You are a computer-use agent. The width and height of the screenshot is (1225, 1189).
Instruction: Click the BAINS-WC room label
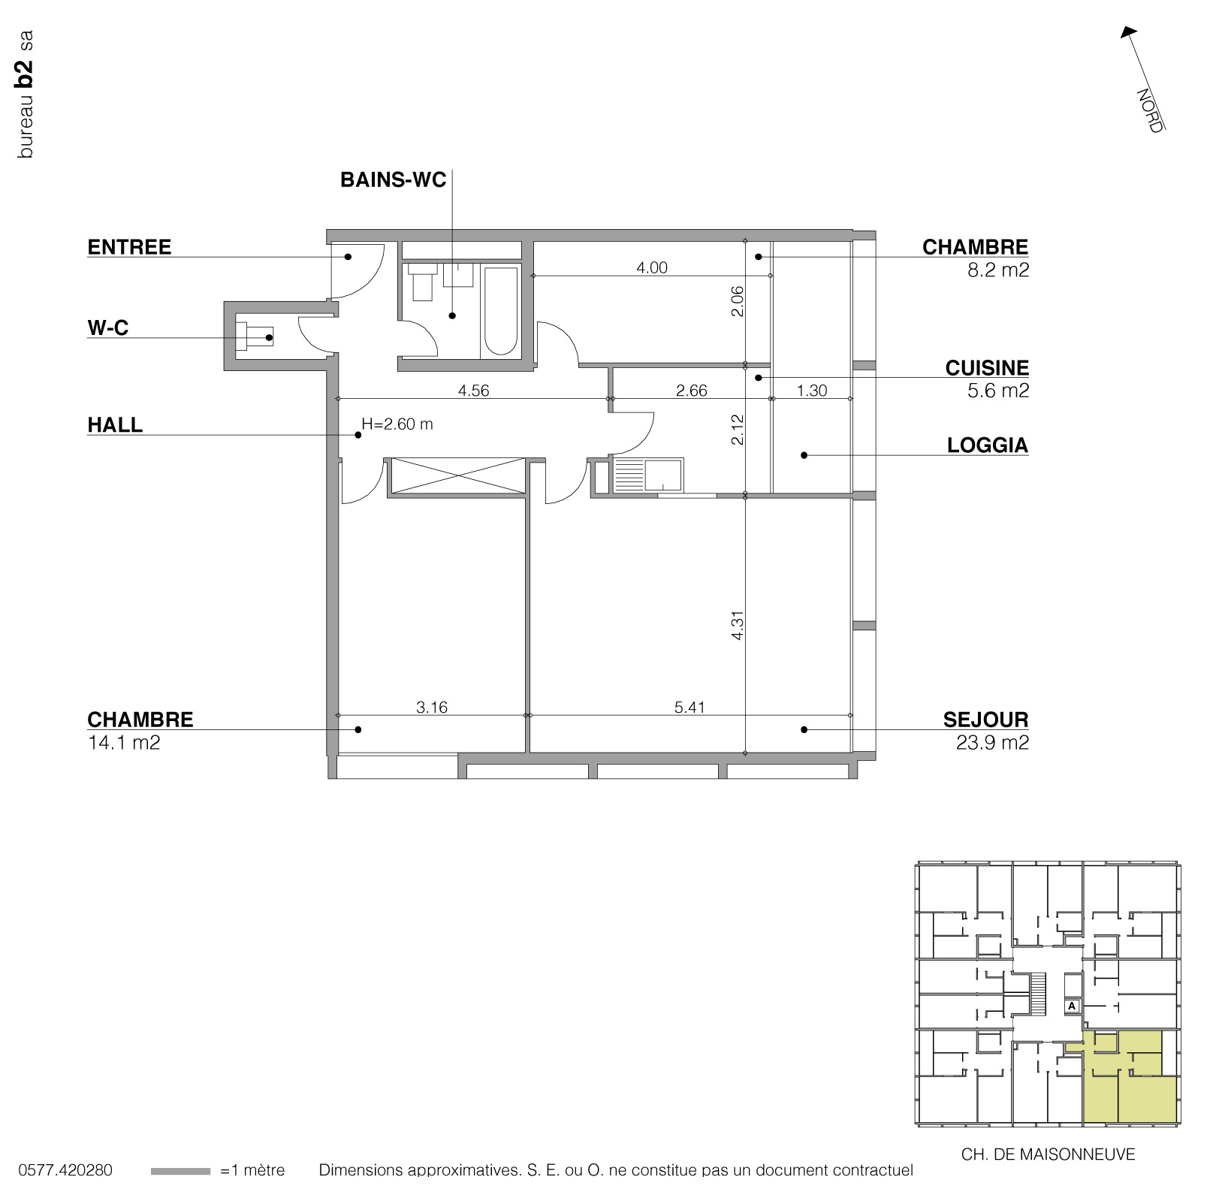coord(393,180)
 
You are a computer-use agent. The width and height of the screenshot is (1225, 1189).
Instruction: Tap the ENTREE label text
coord(129,247)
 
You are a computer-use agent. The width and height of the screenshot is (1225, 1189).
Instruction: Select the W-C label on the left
coord(108,328)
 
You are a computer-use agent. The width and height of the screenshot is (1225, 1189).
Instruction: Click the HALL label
coord(115,425)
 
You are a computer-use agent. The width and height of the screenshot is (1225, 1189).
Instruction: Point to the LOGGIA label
coord(987,445)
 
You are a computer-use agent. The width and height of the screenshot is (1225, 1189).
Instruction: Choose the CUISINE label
coord(986,368)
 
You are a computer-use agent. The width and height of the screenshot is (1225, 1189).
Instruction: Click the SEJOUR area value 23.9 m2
coord(991,743)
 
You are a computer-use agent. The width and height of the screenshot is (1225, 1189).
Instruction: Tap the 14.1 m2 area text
coord(124,743)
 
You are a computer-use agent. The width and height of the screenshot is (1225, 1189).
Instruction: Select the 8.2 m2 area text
coord(997,270)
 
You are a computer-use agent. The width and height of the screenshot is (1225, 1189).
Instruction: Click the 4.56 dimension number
coord(473,391)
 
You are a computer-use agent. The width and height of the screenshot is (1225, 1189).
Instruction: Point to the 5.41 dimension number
coord(689,707)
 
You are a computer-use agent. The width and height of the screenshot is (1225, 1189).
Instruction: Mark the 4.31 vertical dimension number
coord(738,625)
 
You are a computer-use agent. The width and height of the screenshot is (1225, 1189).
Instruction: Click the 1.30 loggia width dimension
coord(811,391)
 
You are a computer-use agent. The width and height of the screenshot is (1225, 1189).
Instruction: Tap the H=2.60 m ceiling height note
coord(397,424)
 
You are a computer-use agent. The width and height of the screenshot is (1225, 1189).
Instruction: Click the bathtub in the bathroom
coord(500,310)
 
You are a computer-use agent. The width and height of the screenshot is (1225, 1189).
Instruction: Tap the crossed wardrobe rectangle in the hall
coord(457,475)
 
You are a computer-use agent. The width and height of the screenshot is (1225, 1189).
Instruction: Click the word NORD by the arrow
coord(1148,110)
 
